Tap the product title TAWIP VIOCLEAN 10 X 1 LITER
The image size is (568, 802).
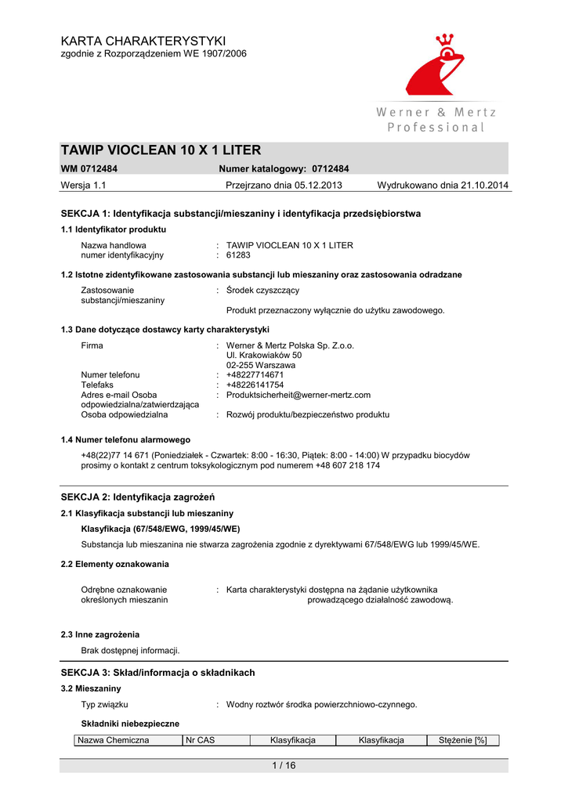[x=161, y=150]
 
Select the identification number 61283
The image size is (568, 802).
[x=238, y=255]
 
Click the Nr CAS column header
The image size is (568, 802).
[x=201, y=740]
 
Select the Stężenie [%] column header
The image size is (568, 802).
[x=462, y=740]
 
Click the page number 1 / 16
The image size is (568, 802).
[x=284, y=766]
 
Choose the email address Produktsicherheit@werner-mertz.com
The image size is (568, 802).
[x=298, y=395]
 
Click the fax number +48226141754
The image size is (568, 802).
[x=255, y=385]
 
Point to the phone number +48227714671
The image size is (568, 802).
[x=255, y=374]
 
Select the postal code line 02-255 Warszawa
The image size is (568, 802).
[x=261, y=365]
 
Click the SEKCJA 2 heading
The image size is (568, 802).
[x=137, y=497]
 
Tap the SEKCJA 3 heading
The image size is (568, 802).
[x=157, y=672]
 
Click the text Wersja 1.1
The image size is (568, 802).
[x=83, y=185]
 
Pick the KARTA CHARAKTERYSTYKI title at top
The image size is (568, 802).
[x=143, y=40]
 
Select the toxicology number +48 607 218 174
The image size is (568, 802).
[x=348, y=465]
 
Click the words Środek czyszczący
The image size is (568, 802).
[x=262, y=291]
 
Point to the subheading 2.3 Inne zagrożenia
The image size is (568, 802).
[x=100, y=634]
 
